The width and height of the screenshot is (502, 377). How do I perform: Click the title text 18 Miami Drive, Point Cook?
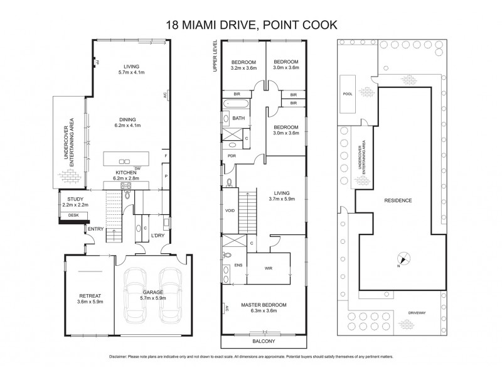[x=250, y=25]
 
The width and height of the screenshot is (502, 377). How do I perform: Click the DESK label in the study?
[x=73, y=215]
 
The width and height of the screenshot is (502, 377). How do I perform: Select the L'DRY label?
[x=158, y=236]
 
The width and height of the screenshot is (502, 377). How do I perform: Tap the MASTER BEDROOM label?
[x=264, y=305]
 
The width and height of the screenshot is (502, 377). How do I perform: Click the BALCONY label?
[x=264, y=341]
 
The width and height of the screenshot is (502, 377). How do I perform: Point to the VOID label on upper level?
[x=230, y=210]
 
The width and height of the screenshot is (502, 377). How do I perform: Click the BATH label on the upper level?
[x=238, y=118]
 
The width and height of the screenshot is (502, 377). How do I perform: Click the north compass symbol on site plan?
[x=403, y=258]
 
